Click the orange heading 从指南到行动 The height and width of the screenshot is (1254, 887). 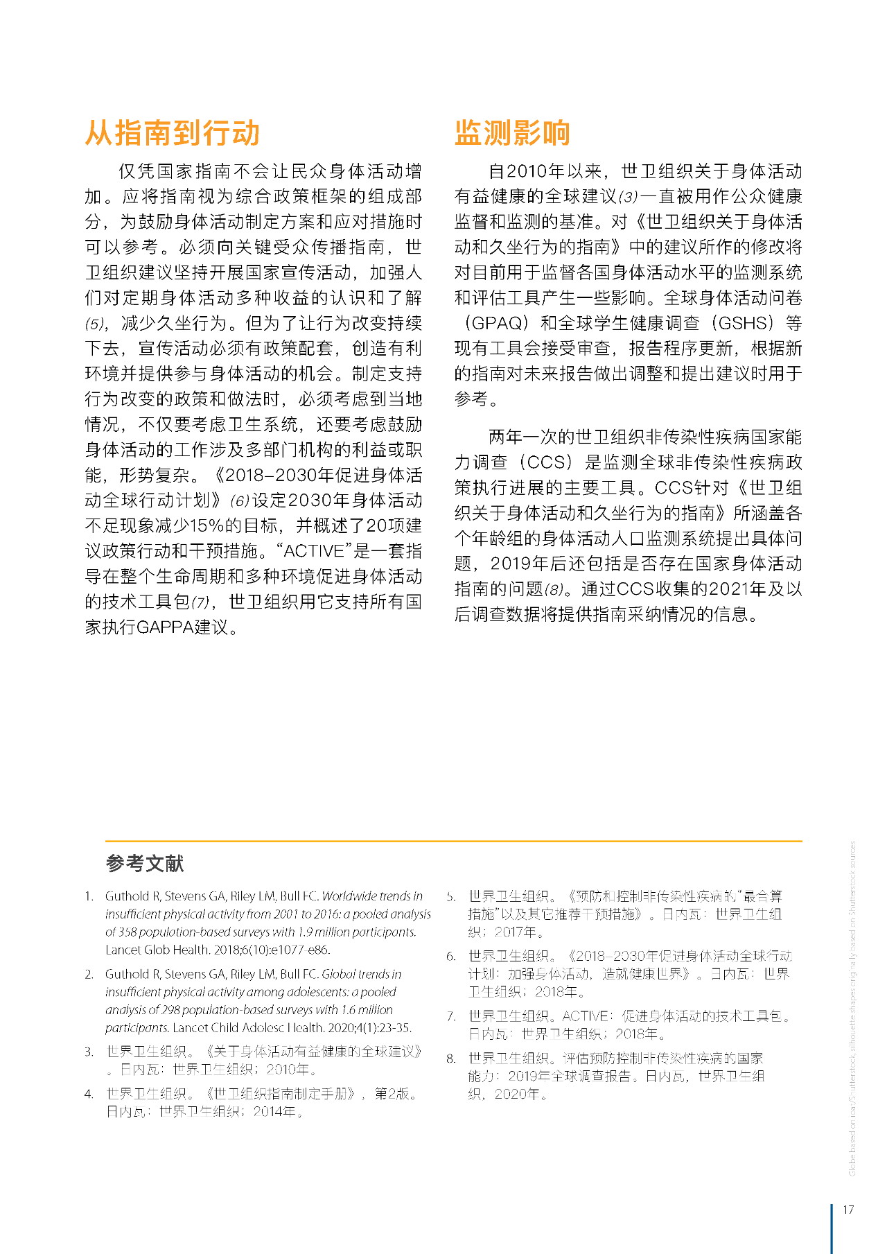tap(172, 132)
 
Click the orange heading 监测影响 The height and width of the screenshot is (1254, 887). tap(512, 132)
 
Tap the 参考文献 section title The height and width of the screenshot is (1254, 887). tap(144, 863)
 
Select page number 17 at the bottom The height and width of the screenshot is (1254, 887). tap(848, 1210)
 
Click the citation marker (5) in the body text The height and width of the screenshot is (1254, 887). tap(96, 324)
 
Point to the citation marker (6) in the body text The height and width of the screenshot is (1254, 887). tap(239, 500)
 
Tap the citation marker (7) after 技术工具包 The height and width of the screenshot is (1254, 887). tap(200, 602)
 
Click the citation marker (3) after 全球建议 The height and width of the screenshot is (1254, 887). tap(628, 197)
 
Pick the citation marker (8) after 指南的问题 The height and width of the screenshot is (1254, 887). tap(554, 589)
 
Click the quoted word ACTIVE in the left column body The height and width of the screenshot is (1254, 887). tap(314, 551)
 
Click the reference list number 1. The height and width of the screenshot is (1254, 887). tap(89, 896)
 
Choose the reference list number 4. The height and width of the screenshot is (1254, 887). tap(89, 1094)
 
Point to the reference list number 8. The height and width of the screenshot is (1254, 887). tap(451, 1059)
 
